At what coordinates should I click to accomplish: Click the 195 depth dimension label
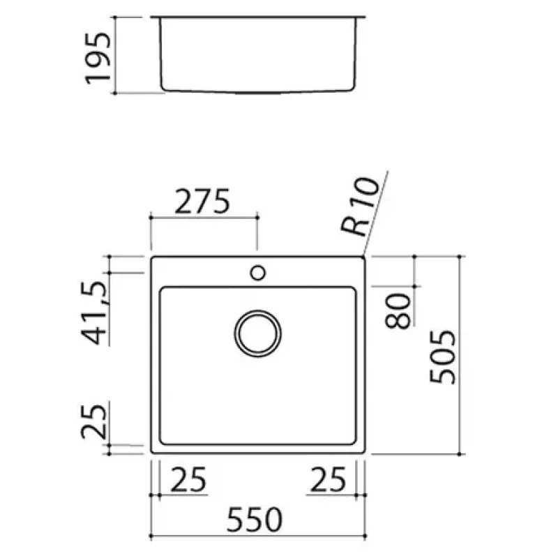pyautogui.click(x=98, y=59)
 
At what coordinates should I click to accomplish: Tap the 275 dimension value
pyautogui.click(x=202, y=202)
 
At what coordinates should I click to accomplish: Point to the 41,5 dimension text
pyautogui.click(x=94, y=312)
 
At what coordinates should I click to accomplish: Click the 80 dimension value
pyautogui.click(x=398, y=310)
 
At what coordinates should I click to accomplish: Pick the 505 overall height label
pyautogui.click(x=442, y=357)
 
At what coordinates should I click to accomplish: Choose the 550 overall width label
pyautogui.click(x=255, y=520)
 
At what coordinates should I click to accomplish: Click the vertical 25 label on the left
pyautogui.click(x=94, y=421)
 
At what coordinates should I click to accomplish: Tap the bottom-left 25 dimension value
pyautogui.click(x=188, y=480)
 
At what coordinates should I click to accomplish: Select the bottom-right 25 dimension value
pyautogui.click(x=328, y=480)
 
